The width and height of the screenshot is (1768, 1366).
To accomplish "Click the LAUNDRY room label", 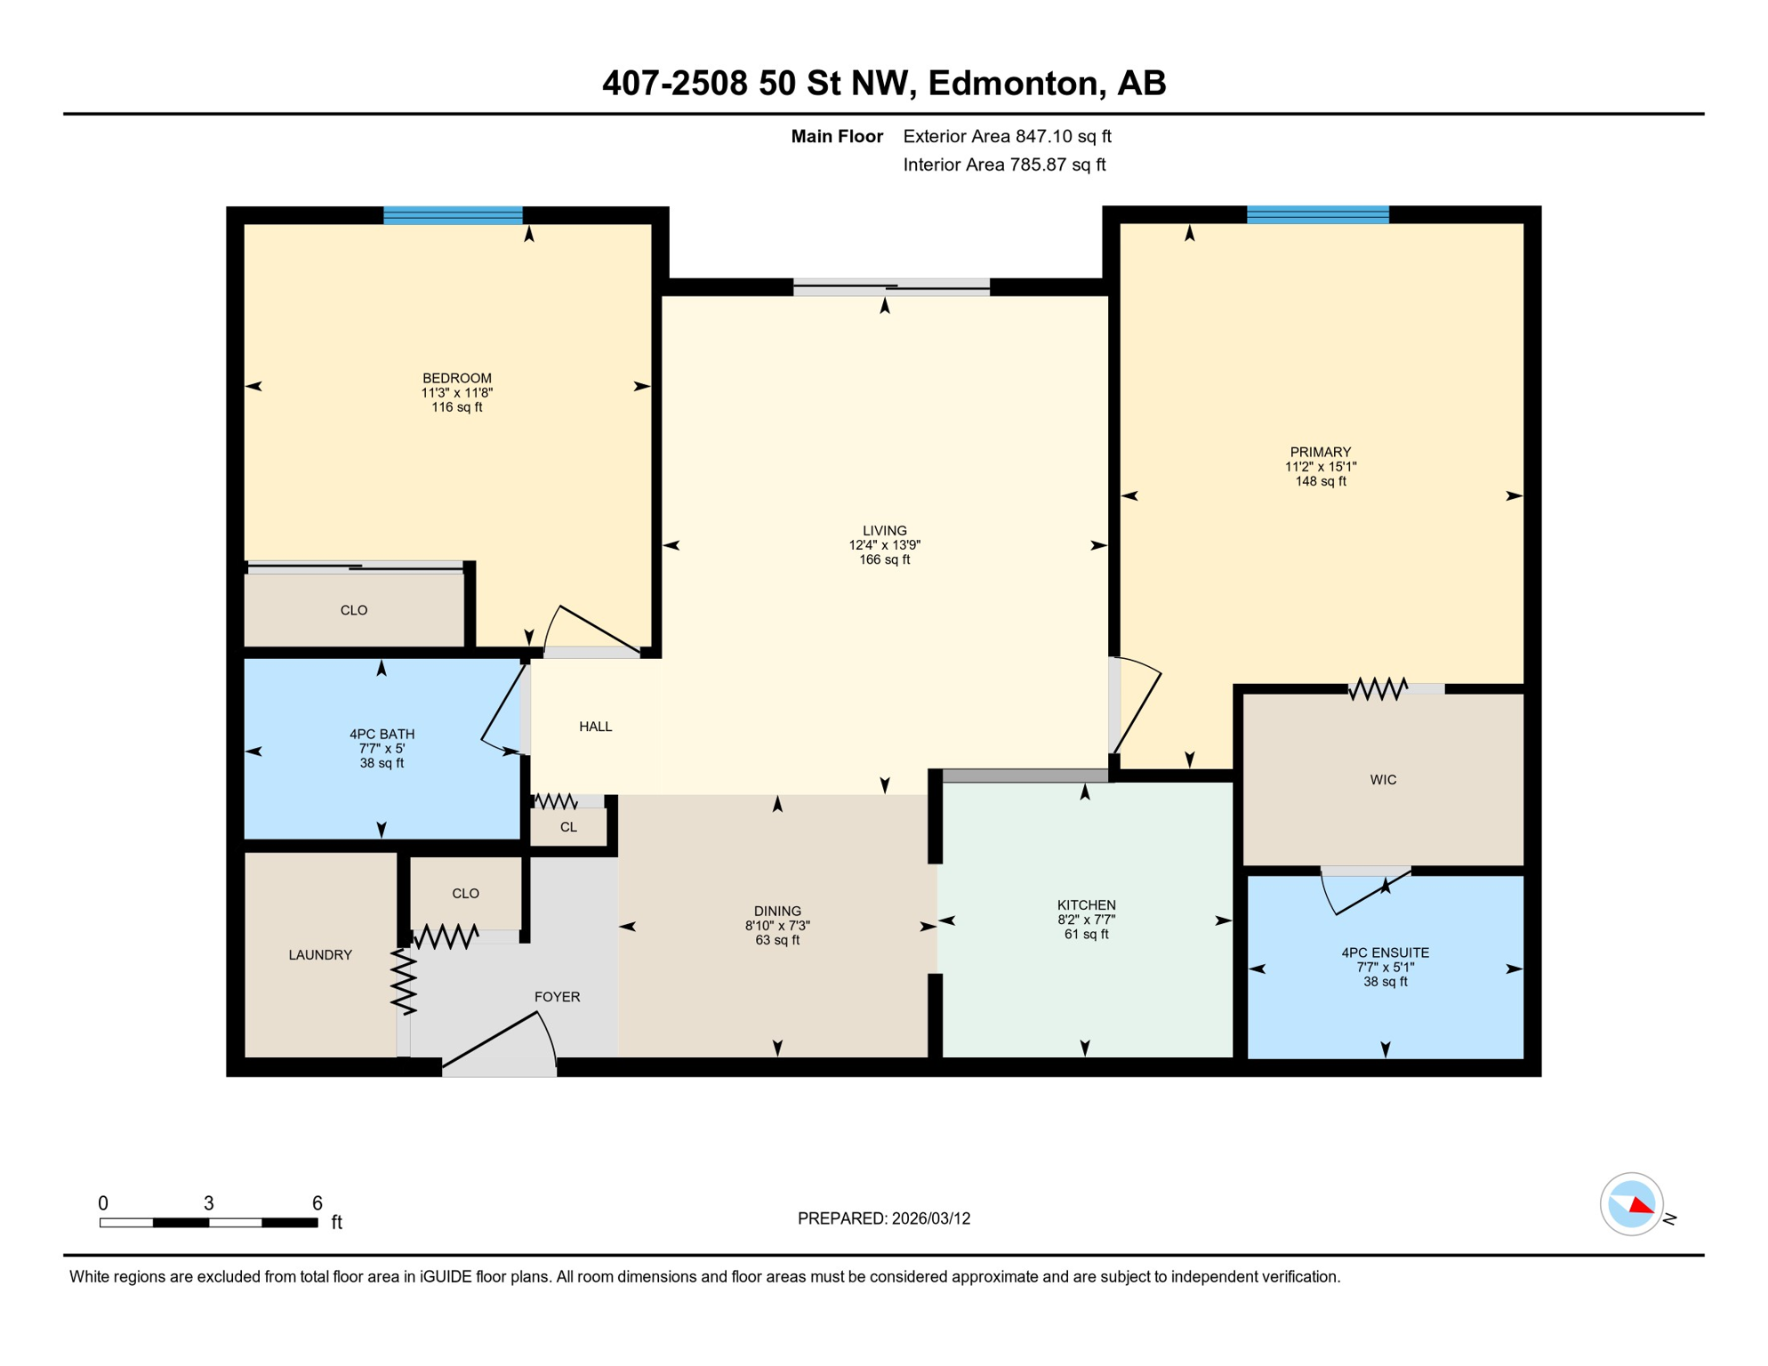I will pyautogui.click(x=320, y=955).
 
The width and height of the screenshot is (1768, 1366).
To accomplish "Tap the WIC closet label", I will pyautogui.click(x=1383, y=780).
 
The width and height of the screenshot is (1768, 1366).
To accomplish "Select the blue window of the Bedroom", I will pyautogui.click(x=453, y=215).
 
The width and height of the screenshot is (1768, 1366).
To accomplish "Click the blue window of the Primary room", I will pyautogui.click(x=1317, y=214).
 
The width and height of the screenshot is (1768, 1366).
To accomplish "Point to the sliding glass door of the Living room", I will pyautogui.click(x=891, y=286).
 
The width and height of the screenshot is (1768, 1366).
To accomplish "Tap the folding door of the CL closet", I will pyautogui.click(x=555, y=801).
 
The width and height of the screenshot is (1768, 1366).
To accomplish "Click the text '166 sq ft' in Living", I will pyautogui.click(x=884, y=560).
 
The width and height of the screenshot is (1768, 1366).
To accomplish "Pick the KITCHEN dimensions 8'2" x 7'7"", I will pyautogui.click(x=1086, y=920).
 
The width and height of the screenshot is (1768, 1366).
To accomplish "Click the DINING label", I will pyautogui.click(x=777, y=911).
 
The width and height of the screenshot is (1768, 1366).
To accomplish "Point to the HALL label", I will pyautogui.click(x=595, y=727).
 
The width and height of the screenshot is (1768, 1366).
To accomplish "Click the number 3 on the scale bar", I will pyautogui.click(x=209, y=1203).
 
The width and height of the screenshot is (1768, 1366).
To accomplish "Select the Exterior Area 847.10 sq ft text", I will pyautogui.click(x=1007, y=136).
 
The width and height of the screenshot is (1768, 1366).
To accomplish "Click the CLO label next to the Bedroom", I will pyautogui.click(x=354, y=610).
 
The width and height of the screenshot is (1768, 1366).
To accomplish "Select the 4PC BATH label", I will pyautogui.click(x=382, y=734).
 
